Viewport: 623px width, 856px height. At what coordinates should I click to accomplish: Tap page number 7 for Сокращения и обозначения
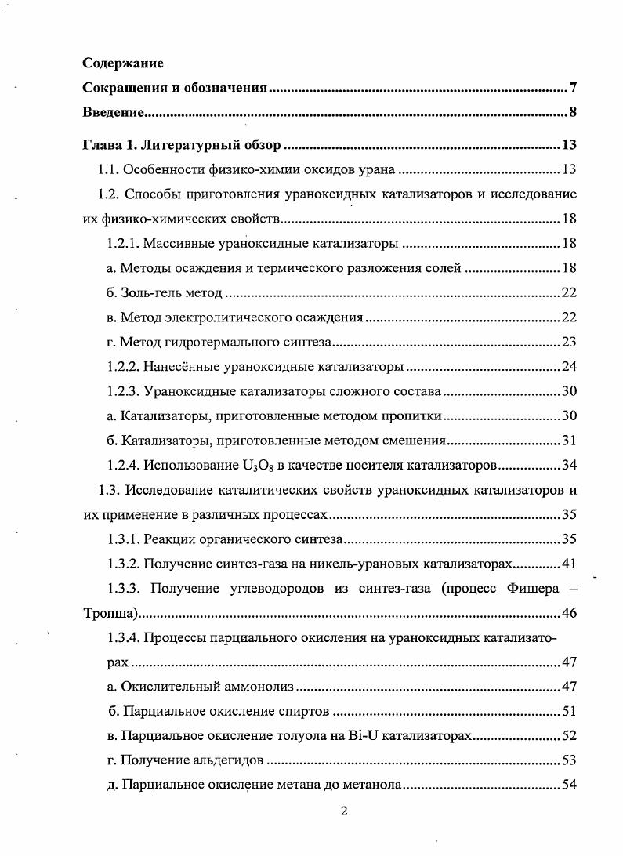click(573, 88)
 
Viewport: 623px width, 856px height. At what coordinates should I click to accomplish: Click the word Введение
click(114, 112)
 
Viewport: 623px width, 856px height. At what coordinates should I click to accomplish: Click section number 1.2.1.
click(122, 244)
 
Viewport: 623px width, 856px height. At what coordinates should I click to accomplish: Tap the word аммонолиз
click(259, 687)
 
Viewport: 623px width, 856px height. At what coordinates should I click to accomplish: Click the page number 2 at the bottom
click(343, 811)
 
